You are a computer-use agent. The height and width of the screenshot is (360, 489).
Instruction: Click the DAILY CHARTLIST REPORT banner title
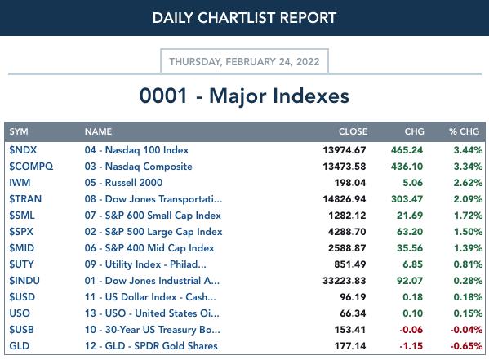pyautogui.click(x=244, y=18)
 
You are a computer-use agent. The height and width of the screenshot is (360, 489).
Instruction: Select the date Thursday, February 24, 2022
pyautogui.click(x=244, y=62)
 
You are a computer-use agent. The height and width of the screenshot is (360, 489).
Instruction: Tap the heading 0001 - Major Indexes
pyautogui.click(x=244, y=96)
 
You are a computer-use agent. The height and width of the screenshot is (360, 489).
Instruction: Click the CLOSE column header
pyautogui.click(x=353, y=131)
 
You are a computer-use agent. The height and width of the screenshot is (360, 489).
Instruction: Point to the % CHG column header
pyautogui.click(x=464, y=131)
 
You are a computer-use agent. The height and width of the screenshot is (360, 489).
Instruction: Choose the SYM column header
pyautogui.click(x=19, y=131)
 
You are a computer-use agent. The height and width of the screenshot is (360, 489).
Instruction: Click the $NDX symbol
pyautogui.click(x=23, y=150)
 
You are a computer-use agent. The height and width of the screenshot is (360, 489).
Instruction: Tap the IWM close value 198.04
pyautogui.click(x=350, y=183)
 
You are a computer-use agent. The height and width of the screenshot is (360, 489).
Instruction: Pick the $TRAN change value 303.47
pyautogui.click(x=407, y=199)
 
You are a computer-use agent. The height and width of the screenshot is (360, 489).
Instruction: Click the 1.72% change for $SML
pyautogui.click(x=468, y=216)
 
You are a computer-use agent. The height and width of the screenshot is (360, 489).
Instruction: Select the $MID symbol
pyautogui.click(x=22, y=248)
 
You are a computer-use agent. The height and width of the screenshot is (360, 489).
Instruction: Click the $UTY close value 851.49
pyautogui.click(x=350, y=264)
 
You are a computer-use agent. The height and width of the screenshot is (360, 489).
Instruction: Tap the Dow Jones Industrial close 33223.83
pyautogui.click(x=345, y=281)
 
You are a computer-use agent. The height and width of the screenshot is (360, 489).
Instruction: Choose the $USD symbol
pyautogui.click(x=22, y=297)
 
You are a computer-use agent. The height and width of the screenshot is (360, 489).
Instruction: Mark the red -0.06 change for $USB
pyautogui.click(x=411, y=330)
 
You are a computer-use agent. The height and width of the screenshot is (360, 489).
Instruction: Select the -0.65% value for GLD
pyautogui.click(x=466, y=346)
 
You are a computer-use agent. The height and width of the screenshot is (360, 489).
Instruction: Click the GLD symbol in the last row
pyautogui.click(x=20, y=346)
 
